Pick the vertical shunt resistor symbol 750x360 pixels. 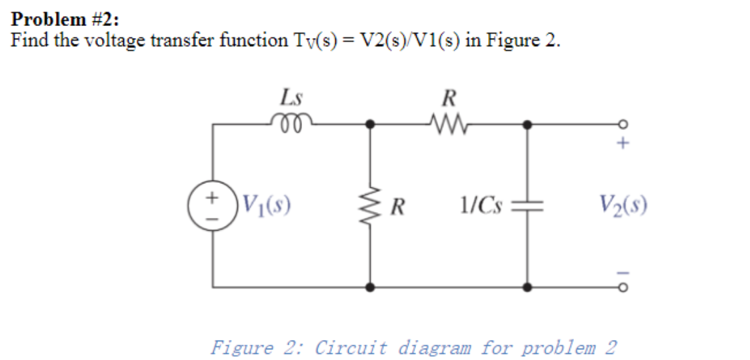370,205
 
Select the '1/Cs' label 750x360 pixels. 482,205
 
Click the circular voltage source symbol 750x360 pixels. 213,205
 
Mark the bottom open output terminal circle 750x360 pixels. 623,288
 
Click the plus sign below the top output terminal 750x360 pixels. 623,143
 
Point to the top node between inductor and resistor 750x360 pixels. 370,124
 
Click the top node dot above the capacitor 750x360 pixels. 527,124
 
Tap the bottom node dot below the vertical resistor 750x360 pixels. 370,288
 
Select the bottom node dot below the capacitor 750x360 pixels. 527,288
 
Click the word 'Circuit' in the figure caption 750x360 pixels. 352,347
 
